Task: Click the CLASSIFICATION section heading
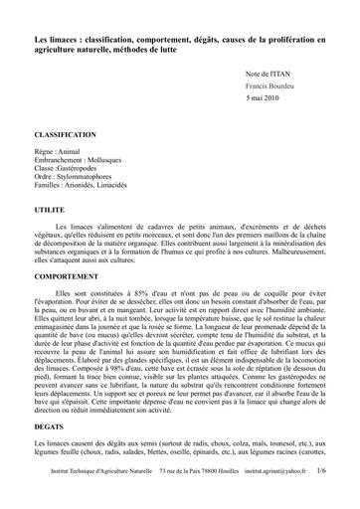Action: [65, 134]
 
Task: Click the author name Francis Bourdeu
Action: [271, 87]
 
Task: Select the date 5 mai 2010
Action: [264, 101]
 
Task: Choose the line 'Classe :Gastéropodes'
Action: [70, 174]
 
